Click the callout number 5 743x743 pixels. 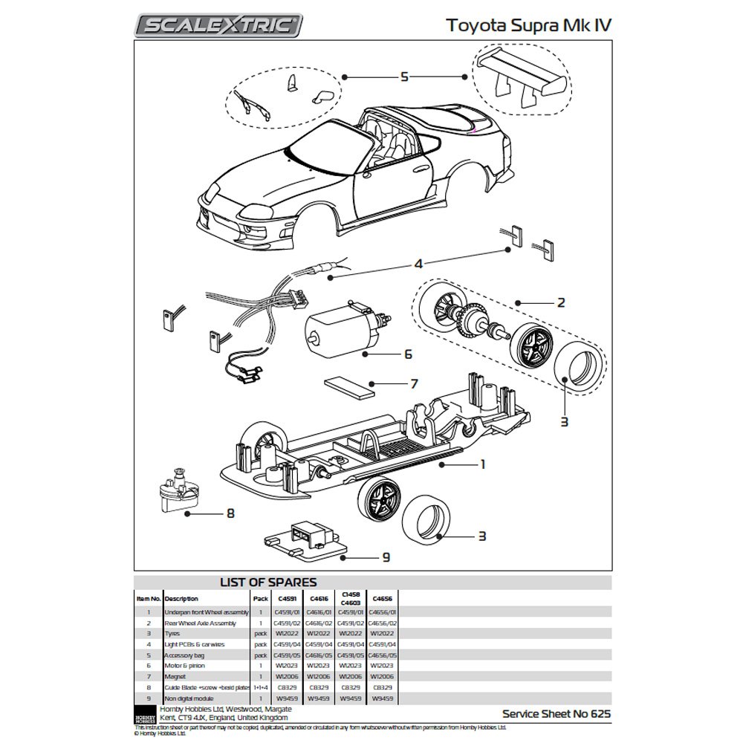click(404, 77)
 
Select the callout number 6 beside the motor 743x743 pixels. click(407, 354)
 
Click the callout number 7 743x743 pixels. click(414, 384)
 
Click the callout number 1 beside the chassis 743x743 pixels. click(482, 464)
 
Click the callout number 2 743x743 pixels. click(561, 302)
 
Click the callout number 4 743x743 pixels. click(418, 264)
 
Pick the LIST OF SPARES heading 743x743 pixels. click(269, 583)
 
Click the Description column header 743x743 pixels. click(182, 598)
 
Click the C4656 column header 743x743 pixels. click(383, 598)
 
